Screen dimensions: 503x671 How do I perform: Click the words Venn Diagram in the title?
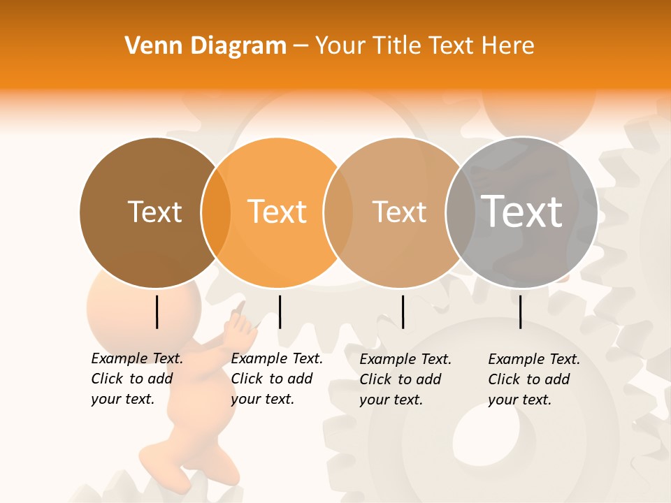tap(205, 46)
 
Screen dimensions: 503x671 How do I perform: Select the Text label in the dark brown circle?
tap(154, 212)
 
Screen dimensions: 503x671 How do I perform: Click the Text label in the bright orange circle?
tap(277, 212)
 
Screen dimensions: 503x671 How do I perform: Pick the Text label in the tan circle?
tap(399, 212)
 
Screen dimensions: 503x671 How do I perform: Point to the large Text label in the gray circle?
tap(522, 211)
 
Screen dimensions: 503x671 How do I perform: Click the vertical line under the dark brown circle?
tap(157, 312)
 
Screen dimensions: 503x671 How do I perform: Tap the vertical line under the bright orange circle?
tap(280, 312)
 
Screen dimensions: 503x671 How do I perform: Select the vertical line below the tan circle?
tap(403, 312)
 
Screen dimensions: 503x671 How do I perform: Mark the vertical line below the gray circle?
tap(520, 312)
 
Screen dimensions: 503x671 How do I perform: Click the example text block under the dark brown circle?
tap(137, 379)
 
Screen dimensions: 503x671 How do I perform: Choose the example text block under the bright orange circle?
tap(277, 379)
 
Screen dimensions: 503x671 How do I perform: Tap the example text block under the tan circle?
tap(405, 379)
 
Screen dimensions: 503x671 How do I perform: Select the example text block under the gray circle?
tap(534, 379)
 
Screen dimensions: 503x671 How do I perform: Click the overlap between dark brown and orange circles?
tap(216, 212)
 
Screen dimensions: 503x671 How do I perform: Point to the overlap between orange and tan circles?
tap(338, 212)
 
